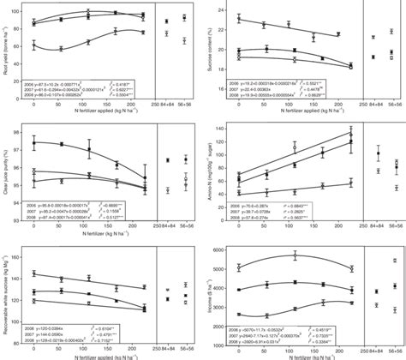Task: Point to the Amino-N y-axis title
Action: pyautogui.click(x=212, y=168)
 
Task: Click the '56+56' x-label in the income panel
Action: pyautogui.click(x=392, y=349)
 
